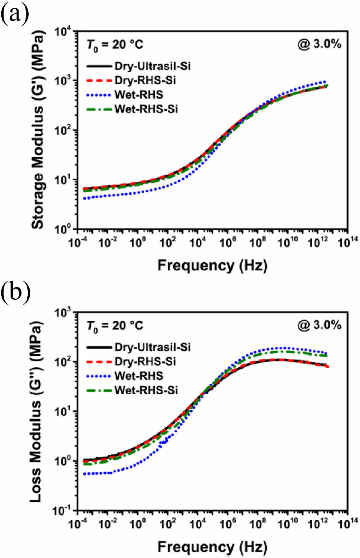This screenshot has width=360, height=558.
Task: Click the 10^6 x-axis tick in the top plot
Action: [227, 243]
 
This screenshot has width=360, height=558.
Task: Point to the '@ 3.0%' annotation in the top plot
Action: [319, 44]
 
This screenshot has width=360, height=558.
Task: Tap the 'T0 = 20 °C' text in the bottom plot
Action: [115, 326]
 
